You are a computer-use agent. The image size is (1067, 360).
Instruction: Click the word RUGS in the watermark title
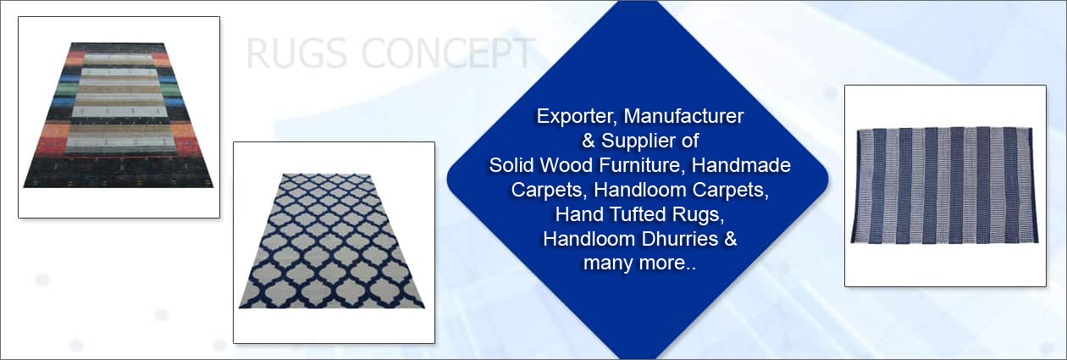[296, 53]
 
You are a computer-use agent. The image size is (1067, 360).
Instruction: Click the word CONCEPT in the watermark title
[449, 53]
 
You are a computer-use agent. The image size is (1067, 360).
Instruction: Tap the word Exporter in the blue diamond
[577, 117]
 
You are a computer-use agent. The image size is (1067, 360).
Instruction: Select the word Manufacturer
[683, 116]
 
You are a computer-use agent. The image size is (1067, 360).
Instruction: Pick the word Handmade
[741, 165]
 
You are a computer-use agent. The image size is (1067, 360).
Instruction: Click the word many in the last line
[607, 263]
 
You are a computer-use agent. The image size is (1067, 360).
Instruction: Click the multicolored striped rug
[119, 115]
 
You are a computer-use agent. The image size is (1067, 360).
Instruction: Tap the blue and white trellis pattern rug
[332, 241]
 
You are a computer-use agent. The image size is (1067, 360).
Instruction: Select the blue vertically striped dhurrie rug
[944, 186]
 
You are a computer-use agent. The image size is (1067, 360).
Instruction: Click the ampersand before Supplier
[589, 141]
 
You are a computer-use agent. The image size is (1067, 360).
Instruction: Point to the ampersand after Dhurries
[730, 239]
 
